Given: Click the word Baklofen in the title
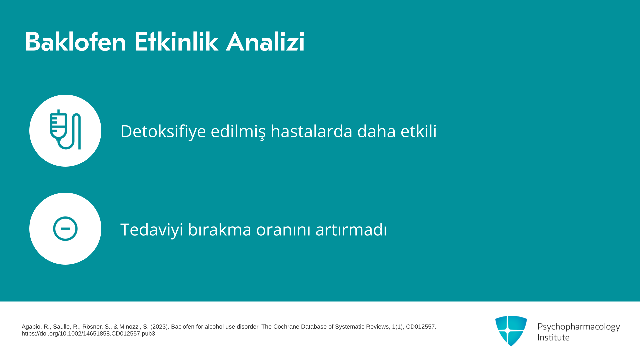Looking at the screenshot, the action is (x=75, y=42).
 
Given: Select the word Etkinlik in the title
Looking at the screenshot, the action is (x=176, y=42).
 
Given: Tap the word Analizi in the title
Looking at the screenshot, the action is (x=265, y=42).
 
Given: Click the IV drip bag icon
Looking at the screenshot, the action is (x=65, y=130).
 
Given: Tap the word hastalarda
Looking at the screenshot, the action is (x=311, y=131).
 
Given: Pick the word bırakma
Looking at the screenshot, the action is (x=219, y=230).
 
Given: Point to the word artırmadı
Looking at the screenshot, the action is (x=351, y=230).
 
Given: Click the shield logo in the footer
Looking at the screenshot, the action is (x=511, y=331).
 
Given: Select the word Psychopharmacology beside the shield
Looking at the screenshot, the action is (x=579, y=327).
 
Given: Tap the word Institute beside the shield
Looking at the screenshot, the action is (x=553, y=337).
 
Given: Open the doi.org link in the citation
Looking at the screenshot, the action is (x=88, y=334).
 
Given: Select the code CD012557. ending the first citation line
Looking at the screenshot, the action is (x=421, y=327).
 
